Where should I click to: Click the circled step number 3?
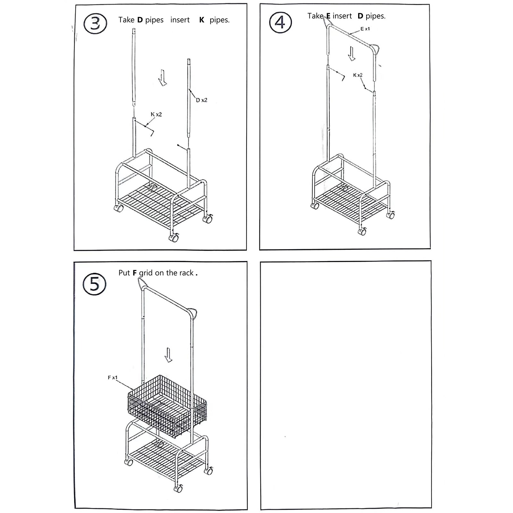click(95, 24)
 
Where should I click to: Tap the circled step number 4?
click(281, 23)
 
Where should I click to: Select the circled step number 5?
click(95, 284)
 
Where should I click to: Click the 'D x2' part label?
click(202, 100)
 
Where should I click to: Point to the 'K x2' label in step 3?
click(156, 114)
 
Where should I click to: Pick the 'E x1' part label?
click(365, 29)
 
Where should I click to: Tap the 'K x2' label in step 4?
click(358, 75)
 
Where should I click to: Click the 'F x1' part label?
click(113, 378)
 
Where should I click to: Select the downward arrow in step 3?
click(163, 78)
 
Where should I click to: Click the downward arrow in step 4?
click(352, 54)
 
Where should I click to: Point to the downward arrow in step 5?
click(168, 355)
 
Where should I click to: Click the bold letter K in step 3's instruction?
click(202, 20)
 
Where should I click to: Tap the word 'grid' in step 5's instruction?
click(146, 273)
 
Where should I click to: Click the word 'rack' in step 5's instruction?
click(186, 273)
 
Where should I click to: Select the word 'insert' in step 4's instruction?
click(342, 16)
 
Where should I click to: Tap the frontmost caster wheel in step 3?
click(174, 238)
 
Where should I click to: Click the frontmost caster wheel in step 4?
click(362, 231)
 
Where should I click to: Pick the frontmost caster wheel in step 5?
click(178, 488)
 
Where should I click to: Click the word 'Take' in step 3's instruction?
click(126, 20)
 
